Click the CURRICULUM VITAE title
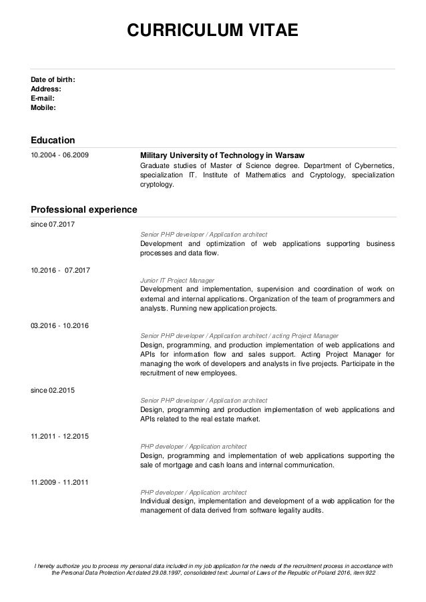tap(212, 31)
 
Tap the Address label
tap(46, 89)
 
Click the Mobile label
tap(43, 107)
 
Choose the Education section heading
tap(53, 139)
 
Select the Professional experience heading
tap(83, 209)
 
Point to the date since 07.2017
tap(53, 224)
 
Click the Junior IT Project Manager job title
tap(182, 281)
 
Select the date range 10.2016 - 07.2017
tap(60, 269)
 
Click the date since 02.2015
tap(53, 389)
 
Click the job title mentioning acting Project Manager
tap(239, 336)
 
